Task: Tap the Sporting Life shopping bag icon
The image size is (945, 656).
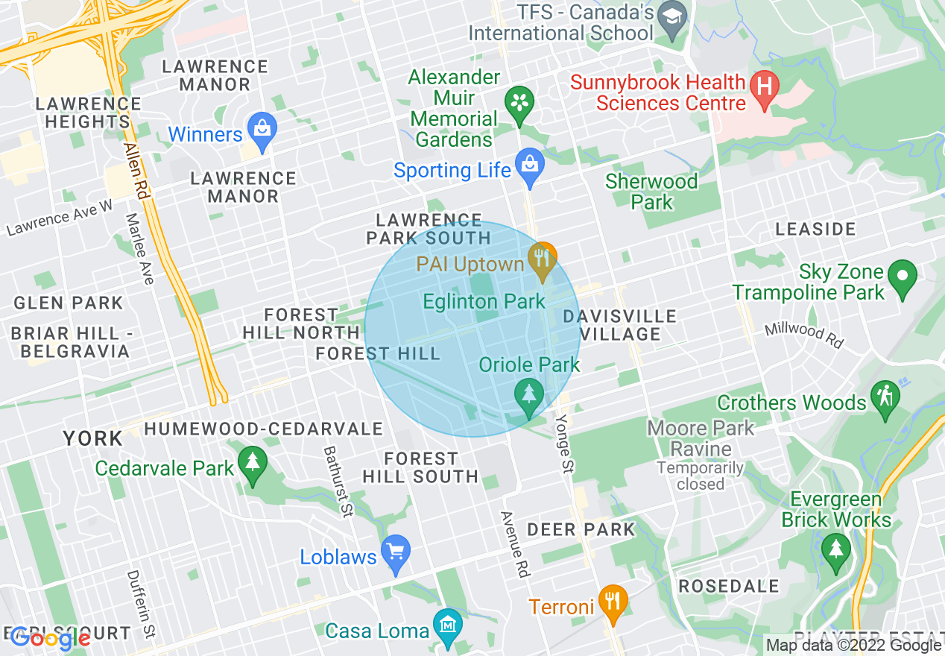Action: (530, 168)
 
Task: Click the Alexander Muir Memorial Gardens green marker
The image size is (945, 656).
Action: (519, 105)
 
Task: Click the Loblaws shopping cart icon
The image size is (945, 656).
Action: (395, 554)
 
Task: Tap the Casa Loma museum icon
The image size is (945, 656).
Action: (447, 628)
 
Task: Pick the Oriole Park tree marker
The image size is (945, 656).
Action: (529, 396)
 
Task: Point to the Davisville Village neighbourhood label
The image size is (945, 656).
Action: (620, 325)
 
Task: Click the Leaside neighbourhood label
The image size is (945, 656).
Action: (815, 229)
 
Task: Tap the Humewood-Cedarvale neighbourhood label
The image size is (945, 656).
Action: (264, 429)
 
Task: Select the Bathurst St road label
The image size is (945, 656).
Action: (337, 481)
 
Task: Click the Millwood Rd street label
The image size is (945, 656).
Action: (803, 335)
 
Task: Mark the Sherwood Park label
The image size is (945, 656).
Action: (651, 192)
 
